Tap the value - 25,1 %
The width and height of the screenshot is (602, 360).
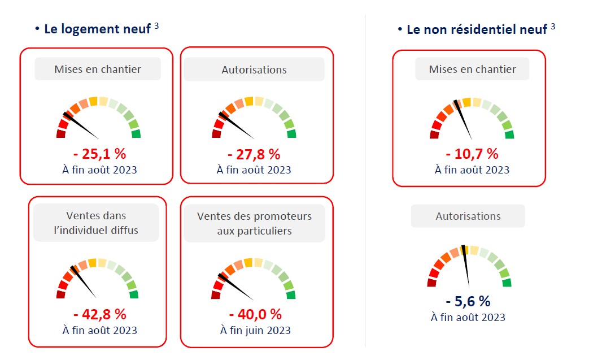[x=99, y=154]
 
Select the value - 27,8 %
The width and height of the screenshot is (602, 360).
[x=254, y=154]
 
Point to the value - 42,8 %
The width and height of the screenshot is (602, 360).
[x=99, y=314]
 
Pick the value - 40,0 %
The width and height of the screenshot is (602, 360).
[x=255, y=314]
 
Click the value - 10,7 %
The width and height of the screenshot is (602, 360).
[x=472, y=154]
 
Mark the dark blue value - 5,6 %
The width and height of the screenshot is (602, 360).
[x=468, y=301]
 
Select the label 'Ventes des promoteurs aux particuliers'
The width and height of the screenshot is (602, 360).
[x=254, y=223]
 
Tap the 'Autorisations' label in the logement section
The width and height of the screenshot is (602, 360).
[x=254, y=70]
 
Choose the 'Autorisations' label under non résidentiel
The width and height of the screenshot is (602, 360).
[x=468, y=216]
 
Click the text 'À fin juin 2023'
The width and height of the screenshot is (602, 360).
[x=255, y=330]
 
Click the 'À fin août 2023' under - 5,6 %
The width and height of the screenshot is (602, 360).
[x=468, y=317]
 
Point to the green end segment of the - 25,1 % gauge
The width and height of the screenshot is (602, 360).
[x=136, y=134]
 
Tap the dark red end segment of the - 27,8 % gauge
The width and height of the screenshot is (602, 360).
[x=216, y=134]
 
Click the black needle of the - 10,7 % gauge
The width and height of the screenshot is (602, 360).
[x=465, y=122]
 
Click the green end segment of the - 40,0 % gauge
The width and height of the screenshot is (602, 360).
[x=291, y=294]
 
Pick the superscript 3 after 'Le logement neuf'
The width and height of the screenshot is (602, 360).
[x=156, y=25]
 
